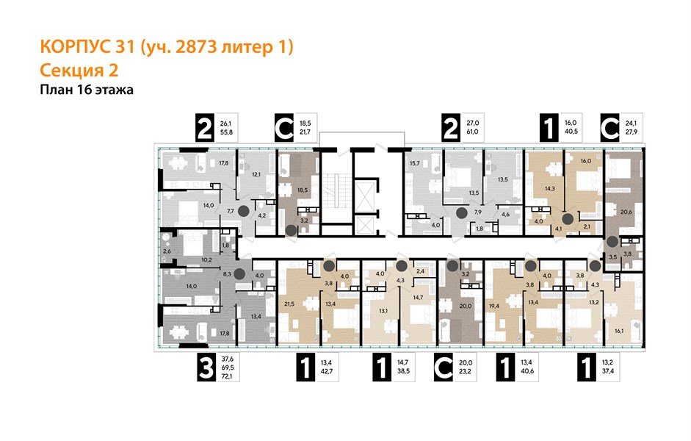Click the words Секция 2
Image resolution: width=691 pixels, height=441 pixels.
(x=77, y=71)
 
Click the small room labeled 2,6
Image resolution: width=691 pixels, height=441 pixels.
(x=167, y=252)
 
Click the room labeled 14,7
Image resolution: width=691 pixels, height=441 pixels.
(x=418, y=297)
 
